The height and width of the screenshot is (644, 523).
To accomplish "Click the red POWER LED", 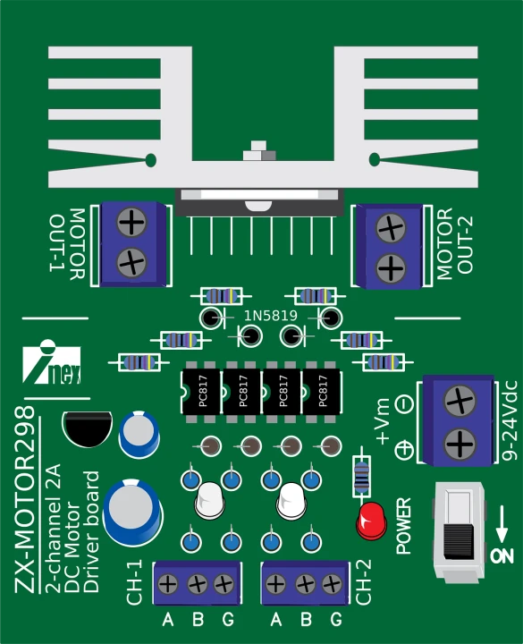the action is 372,521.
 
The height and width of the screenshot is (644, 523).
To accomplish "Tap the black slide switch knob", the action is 459,540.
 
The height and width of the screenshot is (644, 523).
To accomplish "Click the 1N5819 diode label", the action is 271,316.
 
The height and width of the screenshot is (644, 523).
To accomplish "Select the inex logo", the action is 52,362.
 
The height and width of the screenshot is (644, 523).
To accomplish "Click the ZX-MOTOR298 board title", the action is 25,499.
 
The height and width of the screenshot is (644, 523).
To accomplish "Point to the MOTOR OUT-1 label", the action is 68,244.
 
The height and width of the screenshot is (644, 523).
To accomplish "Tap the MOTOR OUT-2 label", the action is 455,244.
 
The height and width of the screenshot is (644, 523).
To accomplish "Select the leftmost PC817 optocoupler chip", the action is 201,392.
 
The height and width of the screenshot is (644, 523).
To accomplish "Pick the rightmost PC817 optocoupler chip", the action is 321,392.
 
